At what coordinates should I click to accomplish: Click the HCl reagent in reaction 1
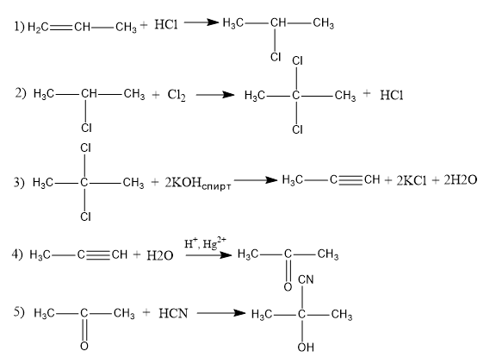pos(166,24)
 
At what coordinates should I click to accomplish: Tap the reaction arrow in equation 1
pos(201,22)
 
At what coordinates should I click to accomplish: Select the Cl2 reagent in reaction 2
pos(177,95)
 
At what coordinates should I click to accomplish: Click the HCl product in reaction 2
pos(392,95)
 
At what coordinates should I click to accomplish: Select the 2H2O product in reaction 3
pos(460,180)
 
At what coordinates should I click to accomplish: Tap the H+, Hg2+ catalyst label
pos(205,243)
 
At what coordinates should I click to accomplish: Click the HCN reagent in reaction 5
pos(173,313)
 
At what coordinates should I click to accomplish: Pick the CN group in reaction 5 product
pos(306,279)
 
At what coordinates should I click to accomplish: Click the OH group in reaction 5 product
pos(306,348)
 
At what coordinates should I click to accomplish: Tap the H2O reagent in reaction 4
pos(160,255)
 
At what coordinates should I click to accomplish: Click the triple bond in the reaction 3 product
pos(350,180)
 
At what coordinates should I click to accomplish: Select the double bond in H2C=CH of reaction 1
pos(61,28)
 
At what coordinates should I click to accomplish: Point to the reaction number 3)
pos(19,183)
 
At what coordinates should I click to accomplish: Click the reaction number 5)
pos(19,312)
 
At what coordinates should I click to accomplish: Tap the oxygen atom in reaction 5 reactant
pos(84,346)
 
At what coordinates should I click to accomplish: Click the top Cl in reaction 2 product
pos(298,60)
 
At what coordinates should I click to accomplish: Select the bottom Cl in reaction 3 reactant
pos(85,217)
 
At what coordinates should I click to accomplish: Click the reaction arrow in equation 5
pos(220,313)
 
